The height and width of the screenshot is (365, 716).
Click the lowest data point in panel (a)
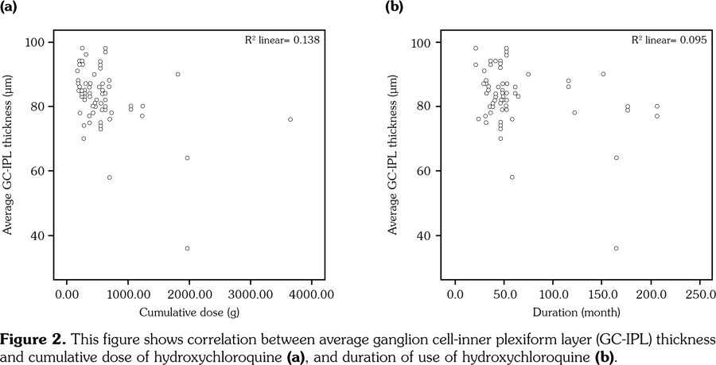(187, 249)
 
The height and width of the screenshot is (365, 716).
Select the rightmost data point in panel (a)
(290, 119)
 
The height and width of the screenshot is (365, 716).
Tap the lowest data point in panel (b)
(616, 249)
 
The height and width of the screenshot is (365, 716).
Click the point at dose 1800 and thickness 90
(177, 74)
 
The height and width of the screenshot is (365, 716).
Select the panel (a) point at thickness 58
(110, 177)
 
